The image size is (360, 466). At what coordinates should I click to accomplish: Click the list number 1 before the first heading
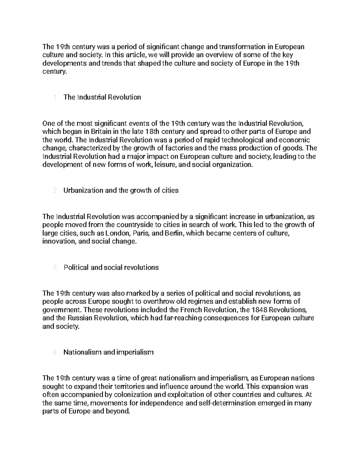[55, 98]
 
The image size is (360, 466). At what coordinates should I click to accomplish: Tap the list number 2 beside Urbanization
[55, 191]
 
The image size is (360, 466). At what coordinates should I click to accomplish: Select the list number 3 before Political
[55, 268]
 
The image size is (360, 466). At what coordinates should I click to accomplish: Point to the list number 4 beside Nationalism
[55, 352]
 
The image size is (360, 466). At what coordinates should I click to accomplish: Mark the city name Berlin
[174, 233]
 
